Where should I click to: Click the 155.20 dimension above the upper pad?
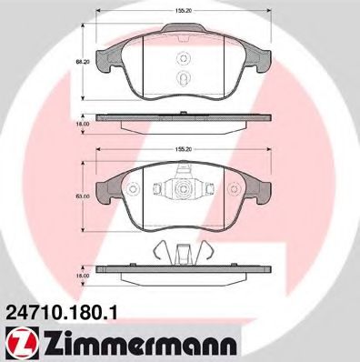point(184,11)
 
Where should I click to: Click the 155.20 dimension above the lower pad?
point(184,149)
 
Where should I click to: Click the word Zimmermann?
point(139,345)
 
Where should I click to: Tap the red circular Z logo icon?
point(22,344)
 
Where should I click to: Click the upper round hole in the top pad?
point(184,59)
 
